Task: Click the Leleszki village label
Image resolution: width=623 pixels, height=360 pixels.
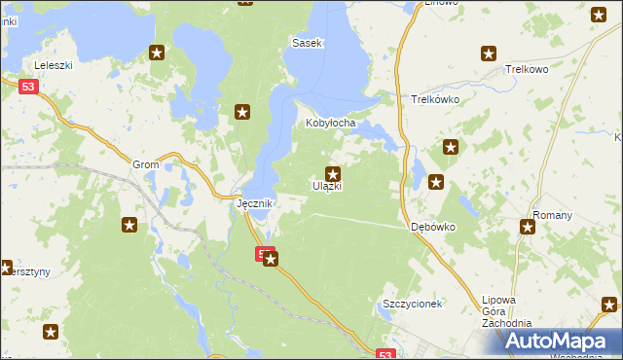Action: [55, 65]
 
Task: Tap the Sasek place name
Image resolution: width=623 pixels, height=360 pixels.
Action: [308, 44]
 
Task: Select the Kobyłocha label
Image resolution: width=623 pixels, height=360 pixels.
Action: [332, 124]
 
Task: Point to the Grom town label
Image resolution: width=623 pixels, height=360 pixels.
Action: [146, 165]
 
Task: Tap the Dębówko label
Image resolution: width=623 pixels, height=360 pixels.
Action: [433, 227]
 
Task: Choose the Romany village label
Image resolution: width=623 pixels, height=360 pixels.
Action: [551, 213]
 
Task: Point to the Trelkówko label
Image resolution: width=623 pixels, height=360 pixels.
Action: [435, 99]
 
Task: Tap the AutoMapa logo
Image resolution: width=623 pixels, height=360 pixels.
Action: [558, 342]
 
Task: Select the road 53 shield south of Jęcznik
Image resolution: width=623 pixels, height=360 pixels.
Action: [263, 254]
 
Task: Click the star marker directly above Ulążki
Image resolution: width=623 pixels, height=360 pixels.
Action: [332, 173]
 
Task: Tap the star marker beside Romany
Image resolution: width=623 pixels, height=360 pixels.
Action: [528, 228]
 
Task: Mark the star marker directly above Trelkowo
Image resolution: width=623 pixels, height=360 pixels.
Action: [490, 54]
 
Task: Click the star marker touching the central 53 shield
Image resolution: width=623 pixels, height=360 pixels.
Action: [272, 259]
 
